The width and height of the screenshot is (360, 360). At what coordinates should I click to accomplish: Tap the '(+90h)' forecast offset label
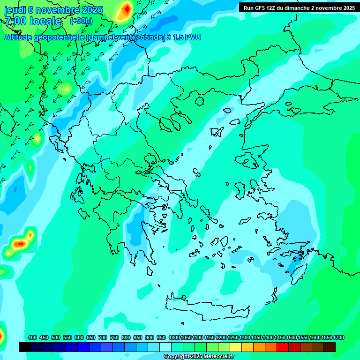pyautogui.click(x=81, y=21)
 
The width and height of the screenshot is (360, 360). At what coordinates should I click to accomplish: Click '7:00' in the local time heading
pyautogui.click(x=15, y=21)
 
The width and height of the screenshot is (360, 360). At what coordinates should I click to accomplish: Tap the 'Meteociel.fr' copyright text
pyautogui.click(x=216, y=357)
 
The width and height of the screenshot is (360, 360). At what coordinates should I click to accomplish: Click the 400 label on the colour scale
pyautogui.click(x=32, y=337)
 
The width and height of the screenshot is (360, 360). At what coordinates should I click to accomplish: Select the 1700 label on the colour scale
pyautogui.click(x=338, y=337)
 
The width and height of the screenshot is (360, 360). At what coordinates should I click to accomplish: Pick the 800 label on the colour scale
pyautogui.click(x=126, y=337)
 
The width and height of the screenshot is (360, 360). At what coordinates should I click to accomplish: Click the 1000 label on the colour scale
pyautogui.click(x=174, y=337)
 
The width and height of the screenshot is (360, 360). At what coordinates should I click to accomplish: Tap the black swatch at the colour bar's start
pyautogui.click(x=25, y=347)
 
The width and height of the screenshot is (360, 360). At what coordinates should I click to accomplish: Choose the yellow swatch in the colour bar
pyautogui.click(x=236, y=347)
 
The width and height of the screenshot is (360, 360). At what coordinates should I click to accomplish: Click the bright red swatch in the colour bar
pyautogui.click(x=283, y=347)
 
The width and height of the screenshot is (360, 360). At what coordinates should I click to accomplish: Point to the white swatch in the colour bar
pyautogui.click(x=165, y=347)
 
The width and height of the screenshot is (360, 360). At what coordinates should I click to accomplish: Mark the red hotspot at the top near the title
pyautogui.click(x=126, y=9)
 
